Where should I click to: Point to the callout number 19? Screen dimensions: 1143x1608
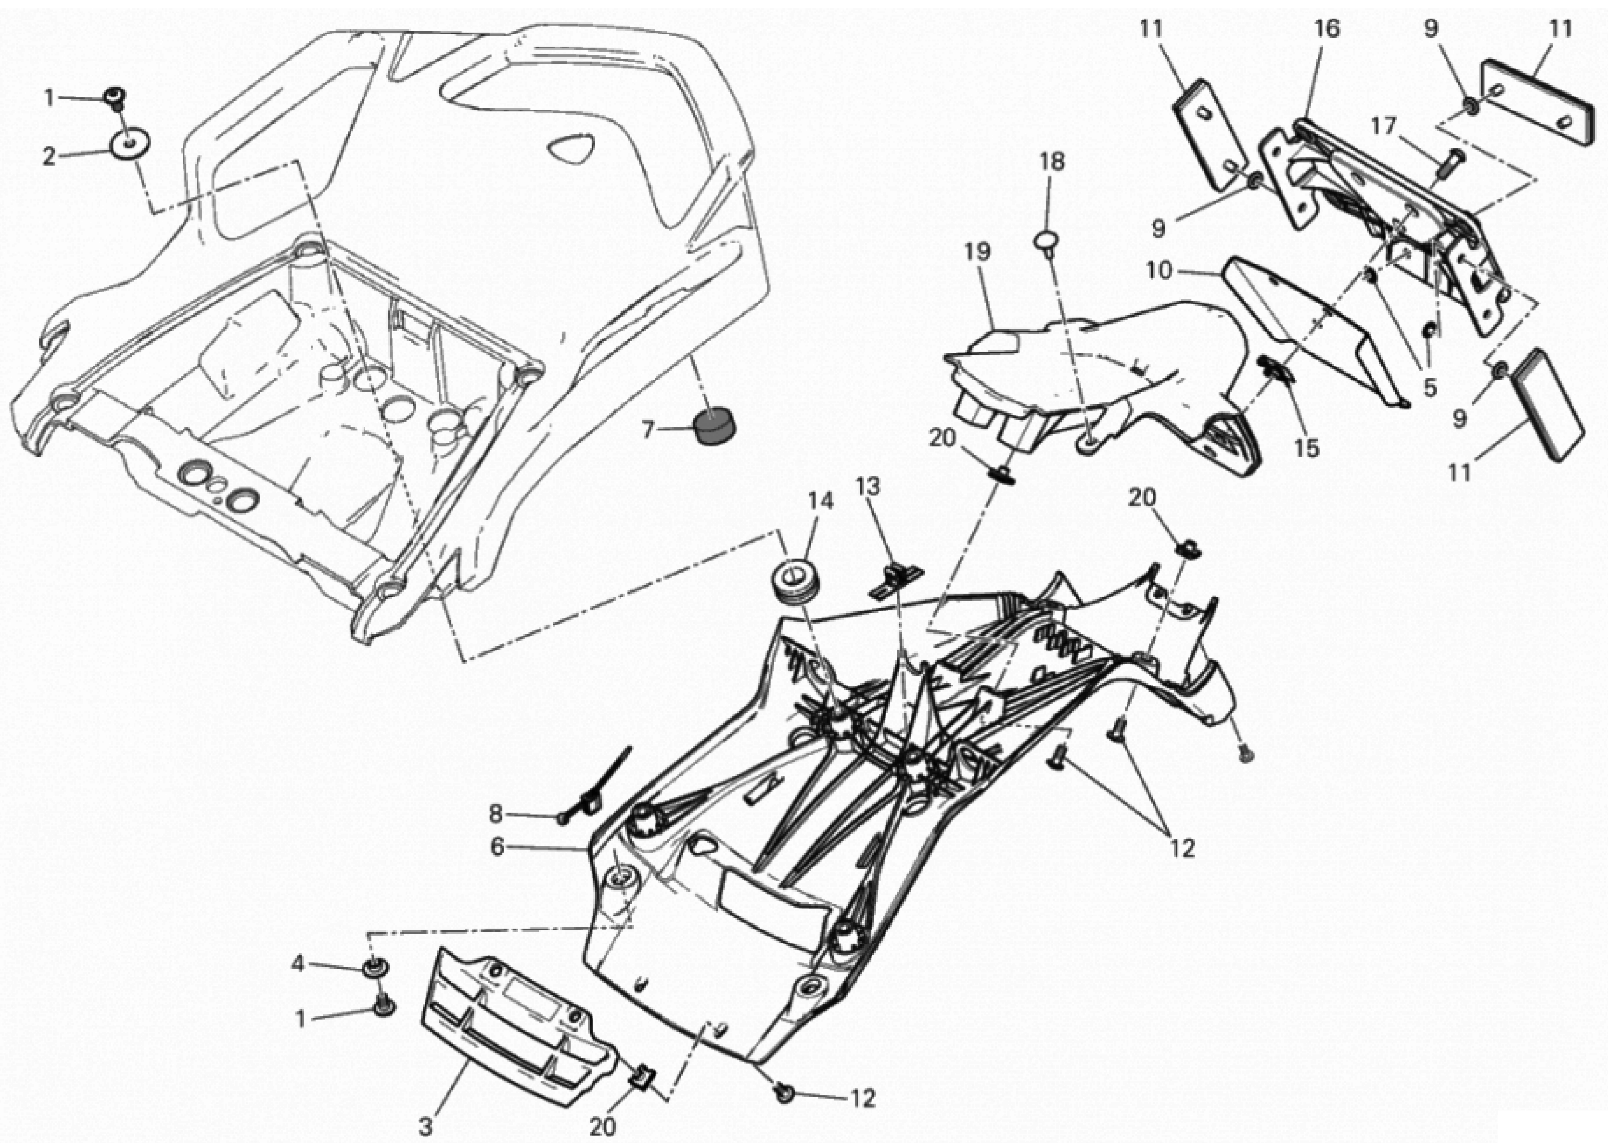[979, 251]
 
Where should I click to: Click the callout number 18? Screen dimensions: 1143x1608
[1053, 161]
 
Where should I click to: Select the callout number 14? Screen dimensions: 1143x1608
[820, 500]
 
